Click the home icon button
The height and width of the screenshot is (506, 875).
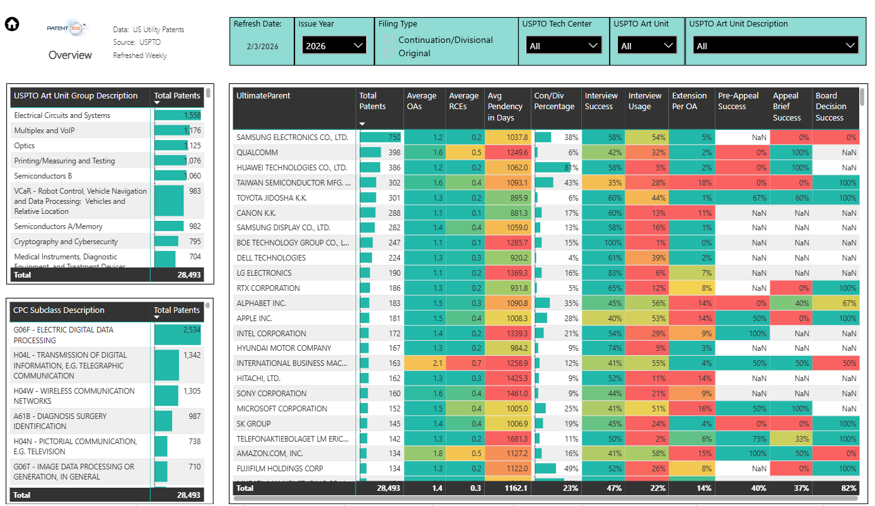click(x=12, y=25)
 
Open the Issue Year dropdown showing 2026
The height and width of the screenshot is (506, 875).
click(x=333, y=45)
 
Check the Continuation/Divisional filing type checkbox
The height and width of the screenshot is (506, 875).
click(x=389, y=40)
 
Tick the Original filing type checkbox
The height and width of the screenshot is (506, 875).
click(x=389, y=53)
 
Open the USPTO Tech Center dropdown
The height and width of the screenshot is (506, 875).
click(x=564, y=45)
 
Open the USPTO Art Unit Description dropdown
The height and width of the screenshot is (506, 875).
click(x=775, y=45)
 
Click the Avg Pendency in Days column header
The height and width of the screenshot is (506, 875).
click(x=505, y=107)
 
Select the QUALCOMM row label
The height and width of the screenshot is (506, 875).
click(x=257, y=152)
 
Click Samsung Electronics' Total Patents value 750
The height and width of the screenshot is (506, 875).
click(x=393, y=137)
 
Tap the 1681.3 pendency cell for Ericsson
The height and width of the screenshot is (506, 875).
click(x=516, y=438)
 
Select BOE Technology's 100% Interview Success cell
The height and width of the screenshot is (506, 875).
click(x=612, y=242)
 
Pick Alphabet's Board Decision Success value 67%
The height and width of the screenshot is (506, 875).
click(x=848, y=303)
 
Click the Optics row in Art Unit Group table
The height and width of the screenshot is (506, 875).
click(x=25, y=146)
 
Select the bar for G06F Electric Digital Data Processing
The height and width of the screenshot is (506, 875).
click(x=177, y=334)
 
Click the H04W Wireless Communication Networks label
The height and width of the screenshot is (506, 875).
click(x=74, y=396)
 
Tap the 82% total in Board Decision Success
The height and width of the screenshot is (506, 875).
click(x=848, y=488)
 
